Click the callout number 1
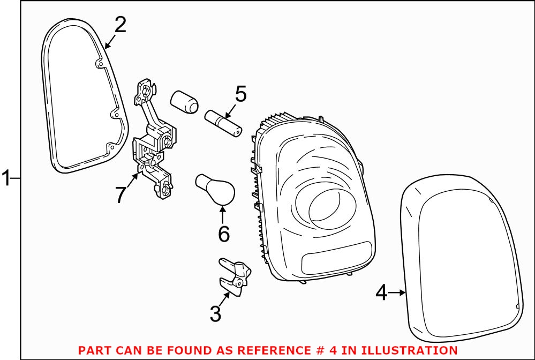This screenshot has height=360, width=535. click(x=6, y=178)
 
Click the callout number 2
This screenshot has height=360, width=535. click(x=120, y=25)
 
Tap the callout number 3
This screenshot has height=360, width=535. click(x=215, y=313)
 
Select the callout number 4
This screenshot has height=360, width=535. click(x=381, y=292)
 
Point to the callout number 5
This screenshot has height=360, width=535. click(x=240, y=94)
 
